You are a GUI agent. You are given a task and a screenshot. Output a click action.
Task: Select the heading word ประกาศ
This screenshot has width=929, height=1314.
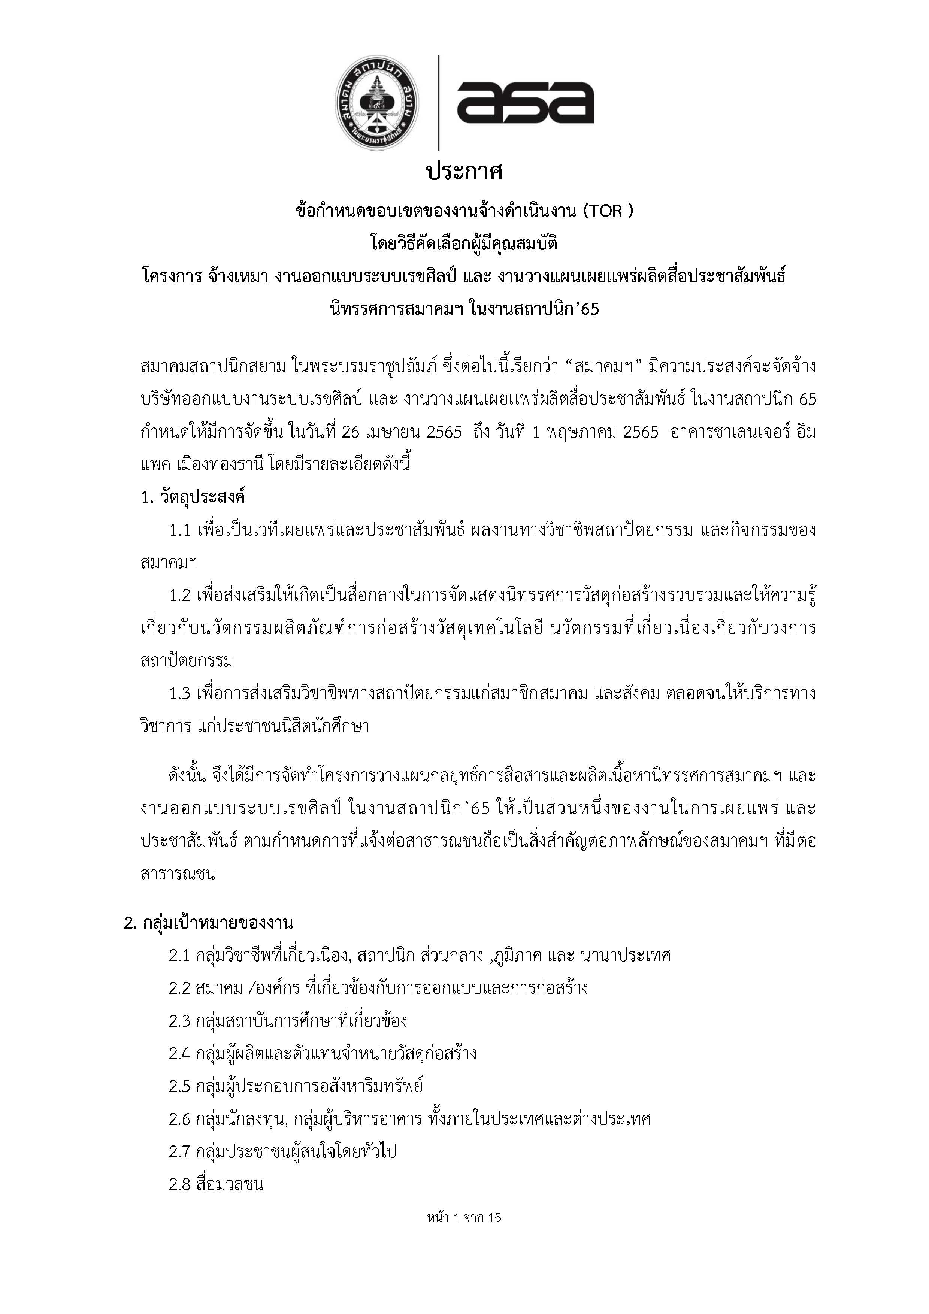point(464,172)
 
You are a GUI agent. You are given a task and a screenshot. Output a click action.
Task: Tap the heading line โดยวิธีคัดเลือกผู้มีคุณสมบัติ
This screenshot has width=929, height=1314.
point(464,244)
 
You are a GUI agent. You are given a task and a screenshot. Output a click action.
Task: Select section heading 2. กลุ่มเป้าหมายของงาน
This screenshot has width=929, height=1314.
point(208,923)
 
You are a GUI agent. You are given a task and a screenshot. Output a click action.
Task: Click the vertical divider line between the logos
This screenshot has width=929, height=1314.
point(438,103)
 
